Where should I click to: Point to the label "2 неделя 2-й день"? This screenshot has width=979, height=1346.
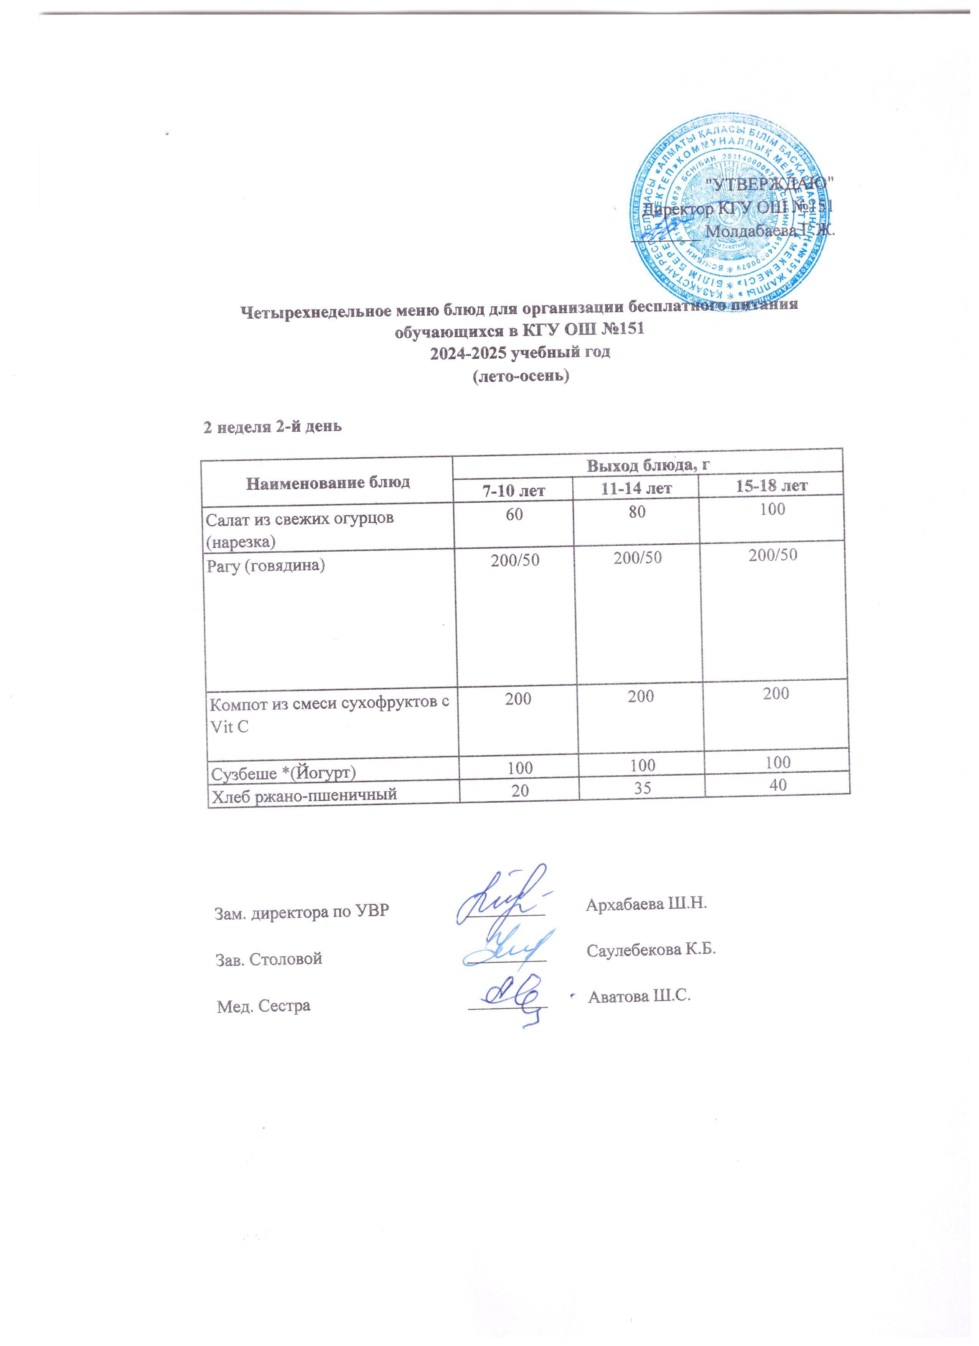(272, 427)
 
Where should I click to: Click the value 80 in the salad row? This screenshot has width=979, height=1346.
(637, 512)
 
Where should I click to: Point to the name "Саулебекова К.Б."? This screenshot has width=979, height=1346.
(651, 949)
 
